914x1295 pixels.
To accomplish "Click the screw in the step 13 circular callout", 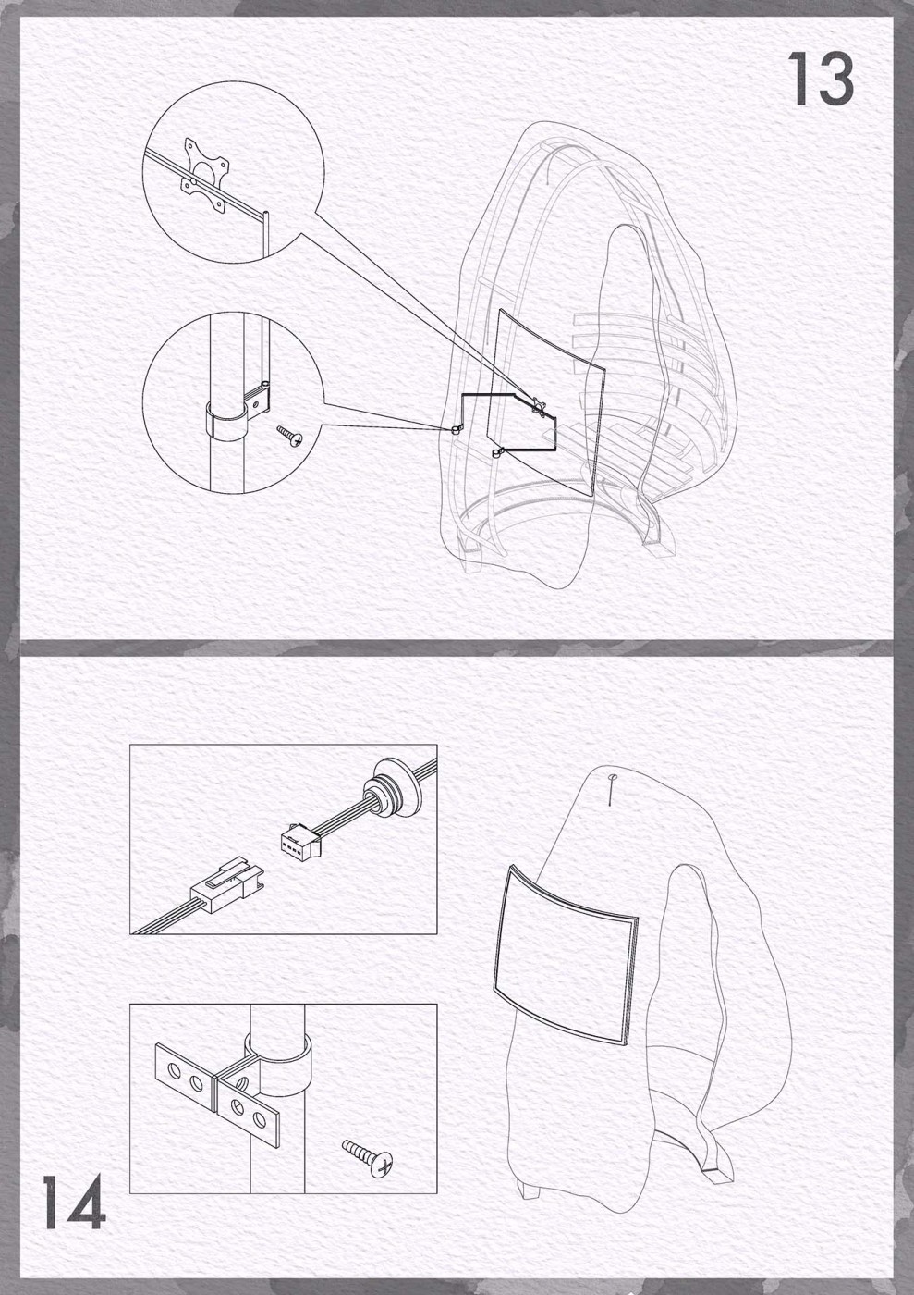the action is coord(289,435).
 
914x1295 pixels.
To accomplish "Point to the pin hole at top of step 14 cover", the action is coord(613,777).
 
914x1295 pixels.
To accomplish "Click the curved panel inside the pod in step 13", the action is coord(546,402).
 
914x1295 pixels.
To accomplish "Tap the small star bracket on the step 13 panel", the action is coord(539,405).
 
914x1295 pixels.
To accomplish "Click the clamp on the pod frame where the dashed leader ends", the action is coord(456,429).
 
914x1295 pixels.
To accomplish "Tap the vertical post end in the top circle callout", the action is coord(265,233).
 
